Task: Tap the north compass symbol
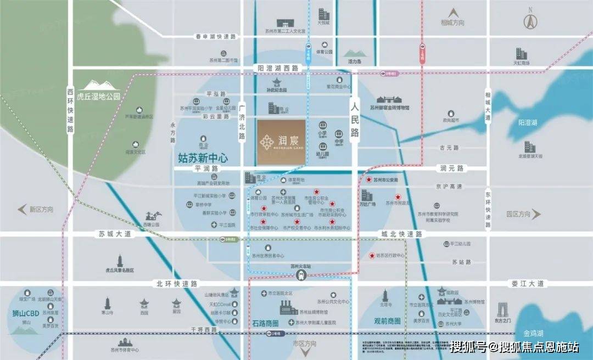530,21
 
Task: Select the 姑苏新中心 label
203,157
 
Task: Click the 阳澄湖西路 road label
278,68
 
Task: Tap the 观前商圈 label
387,321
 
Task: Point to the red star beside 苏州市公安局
369,179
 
